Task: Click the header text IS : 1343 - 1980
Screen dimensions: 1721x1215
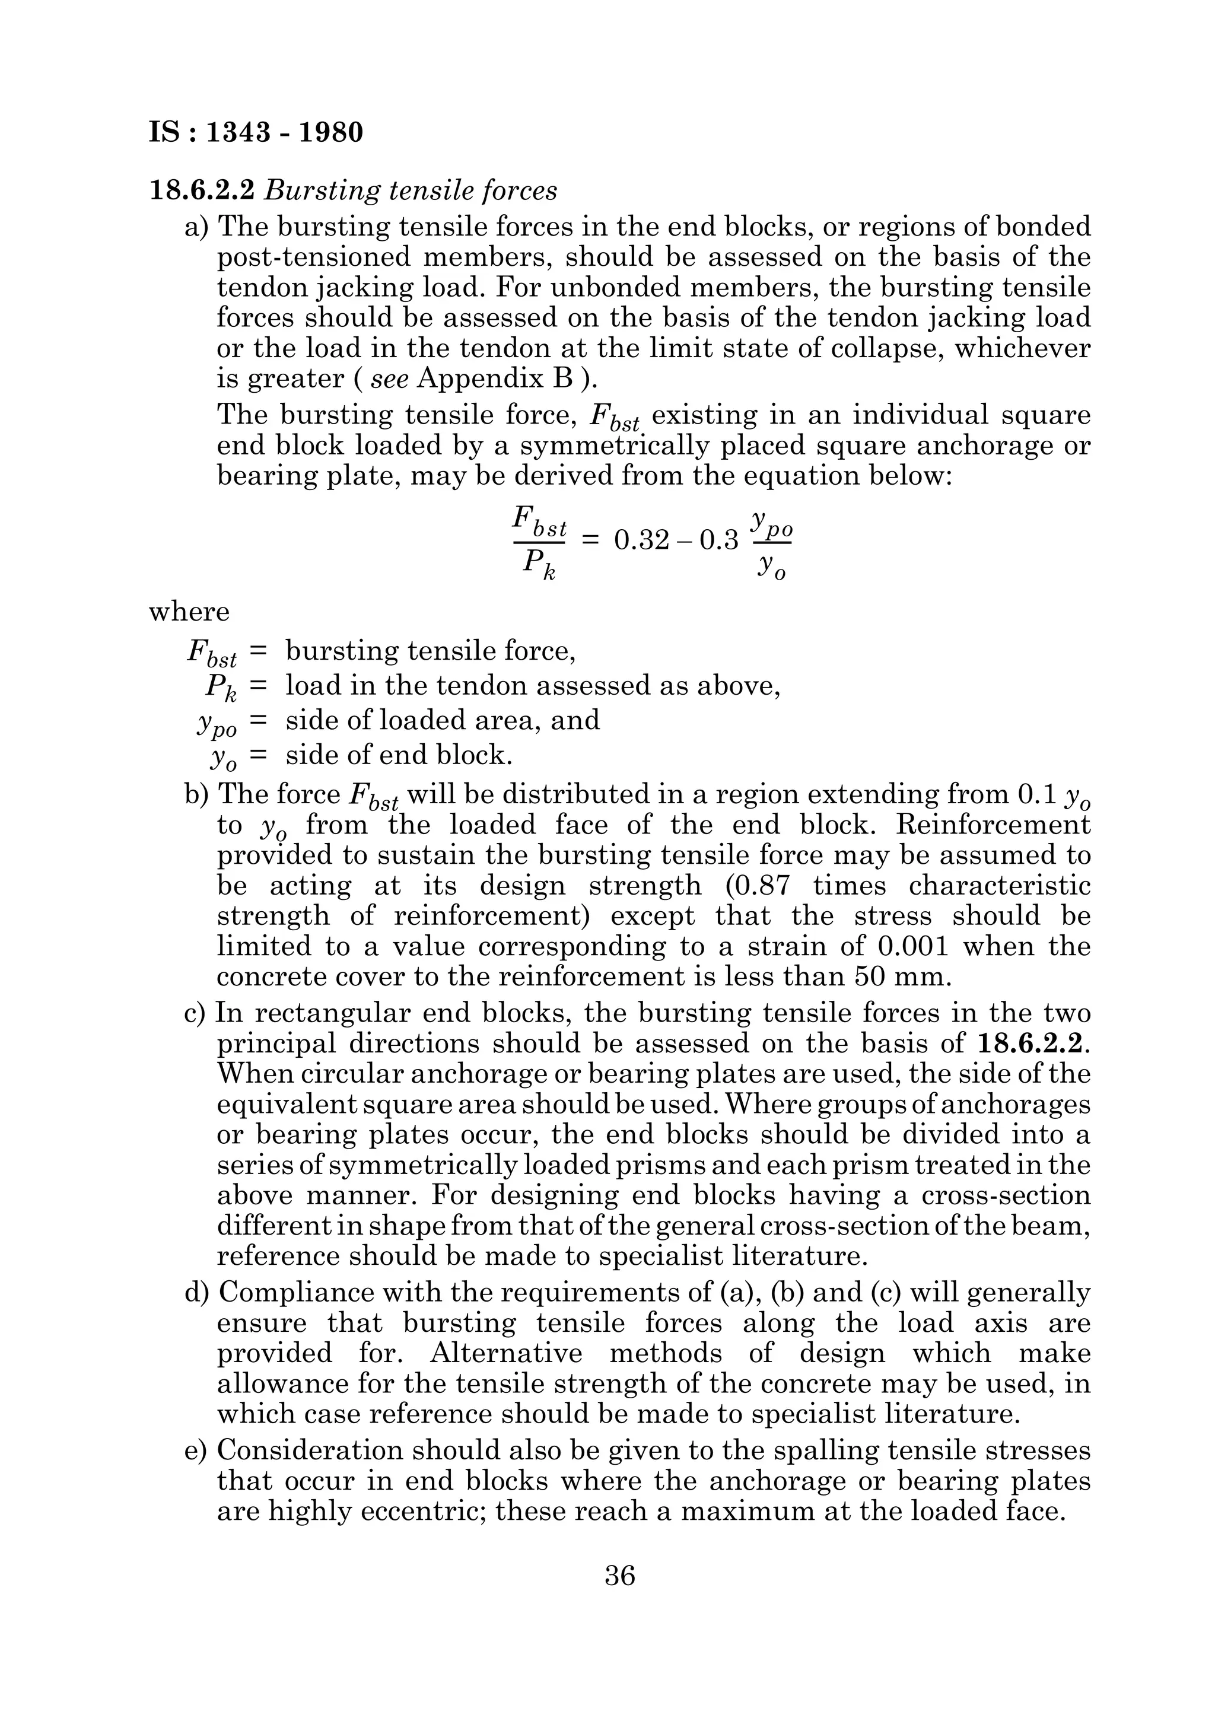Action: (x=256, y=133)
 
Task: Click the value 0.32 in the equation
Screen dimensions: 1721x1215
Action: (x=641, y=540)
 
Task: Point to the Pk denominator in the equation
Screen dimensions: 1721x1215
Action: (x=539, y=565)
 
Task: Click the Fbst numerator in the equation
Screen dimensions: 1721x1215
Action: (x=539, y=520)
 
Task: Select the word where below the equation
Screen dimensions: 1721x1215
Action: (x=189, y=612)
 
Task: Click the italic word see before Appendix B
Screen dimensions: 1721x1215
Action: (x=390, y=378)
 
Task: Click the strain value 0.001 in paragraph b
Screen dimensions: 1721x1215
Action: (x=912, y=947)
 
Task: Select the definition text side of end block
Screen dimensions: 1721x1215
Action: (x=399, y=754)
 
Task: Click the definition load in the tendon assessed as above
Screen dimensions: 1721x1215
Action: (x=533, y=685)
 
